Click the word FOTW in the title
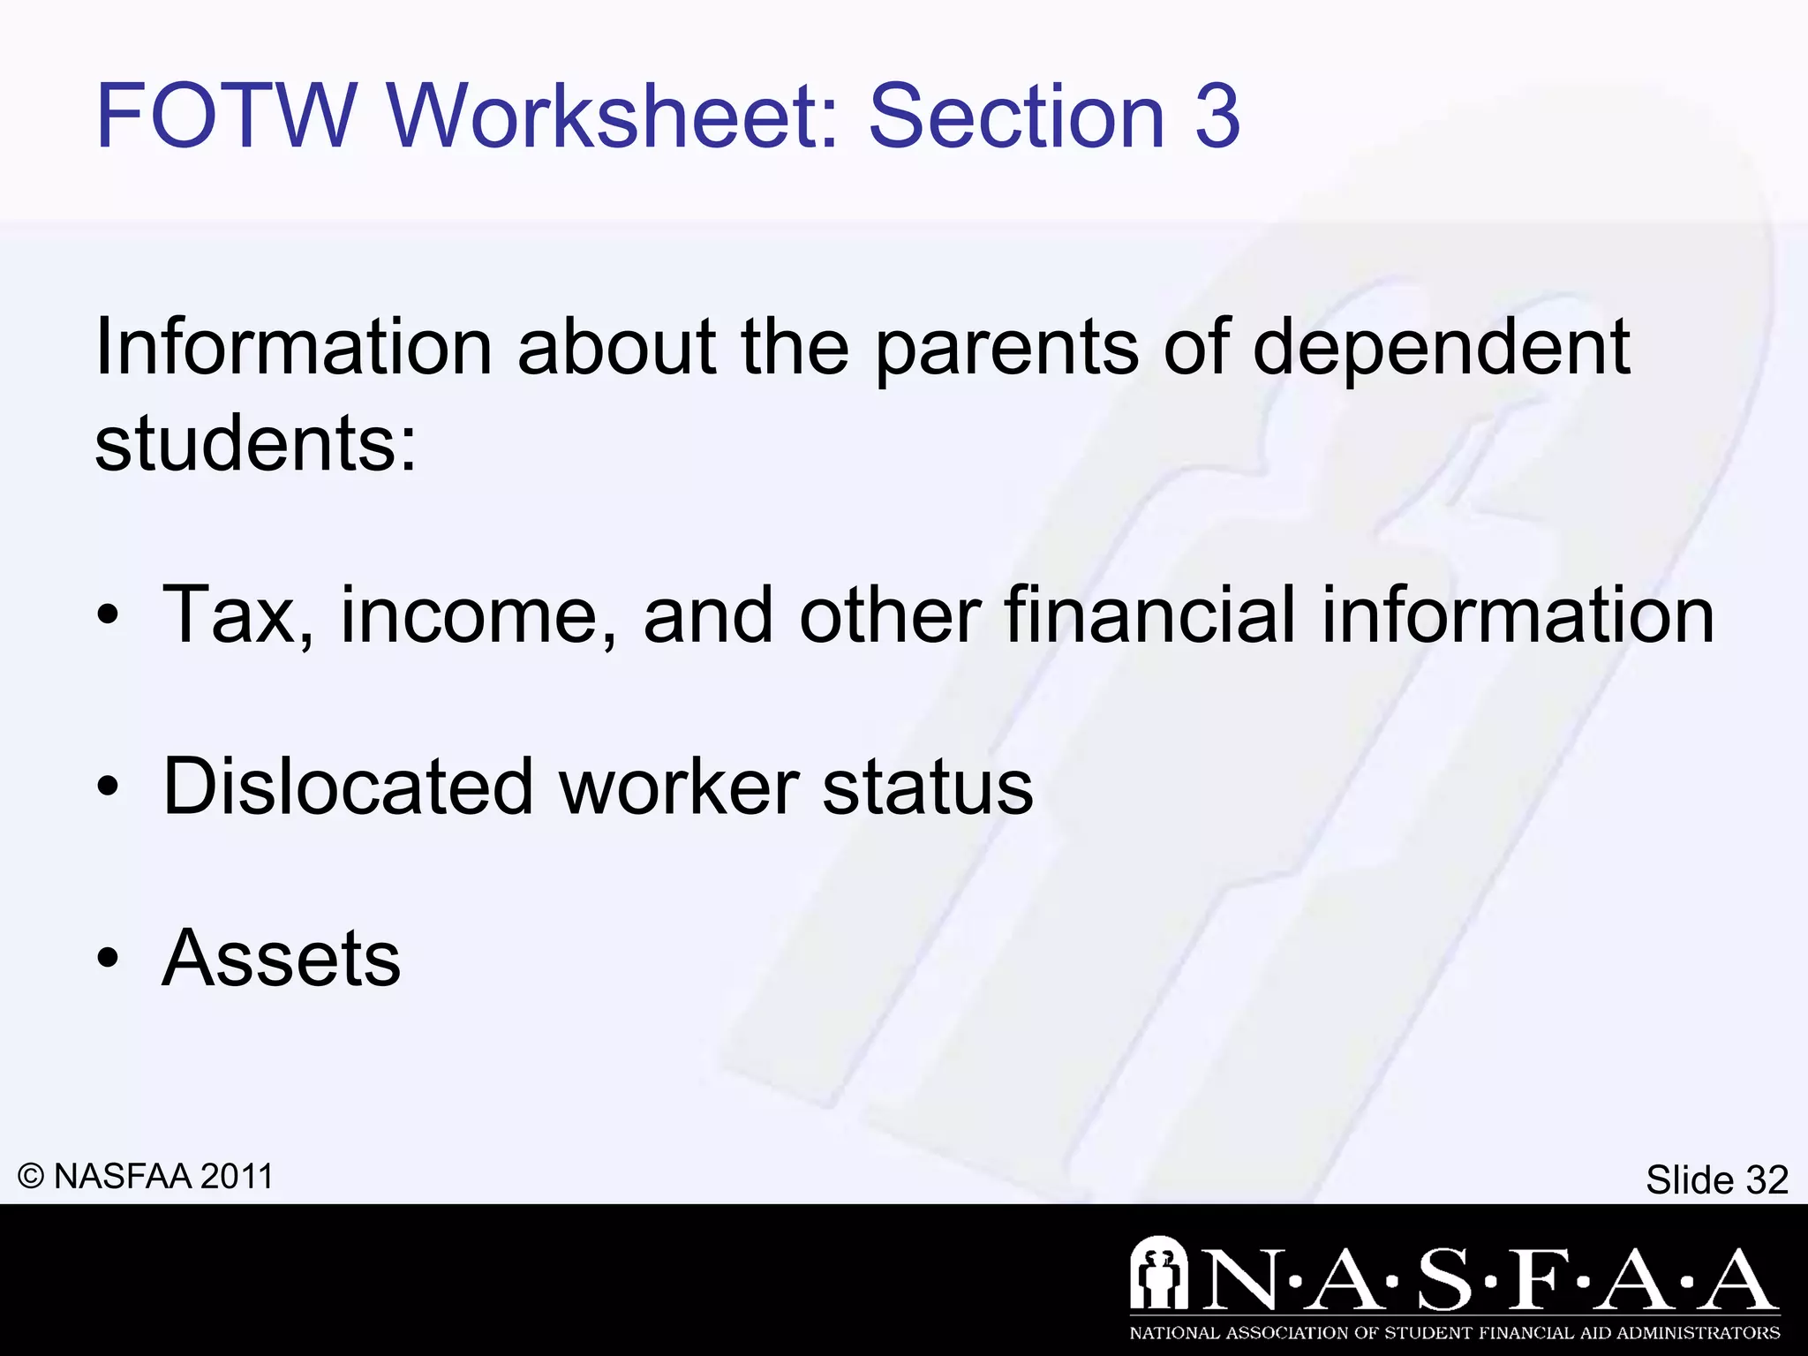[225, 116]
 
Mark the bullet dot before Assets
[108, 960]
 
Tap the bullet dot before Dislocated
[108, 787]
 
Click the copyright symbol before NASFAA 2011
[31, 1177]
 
